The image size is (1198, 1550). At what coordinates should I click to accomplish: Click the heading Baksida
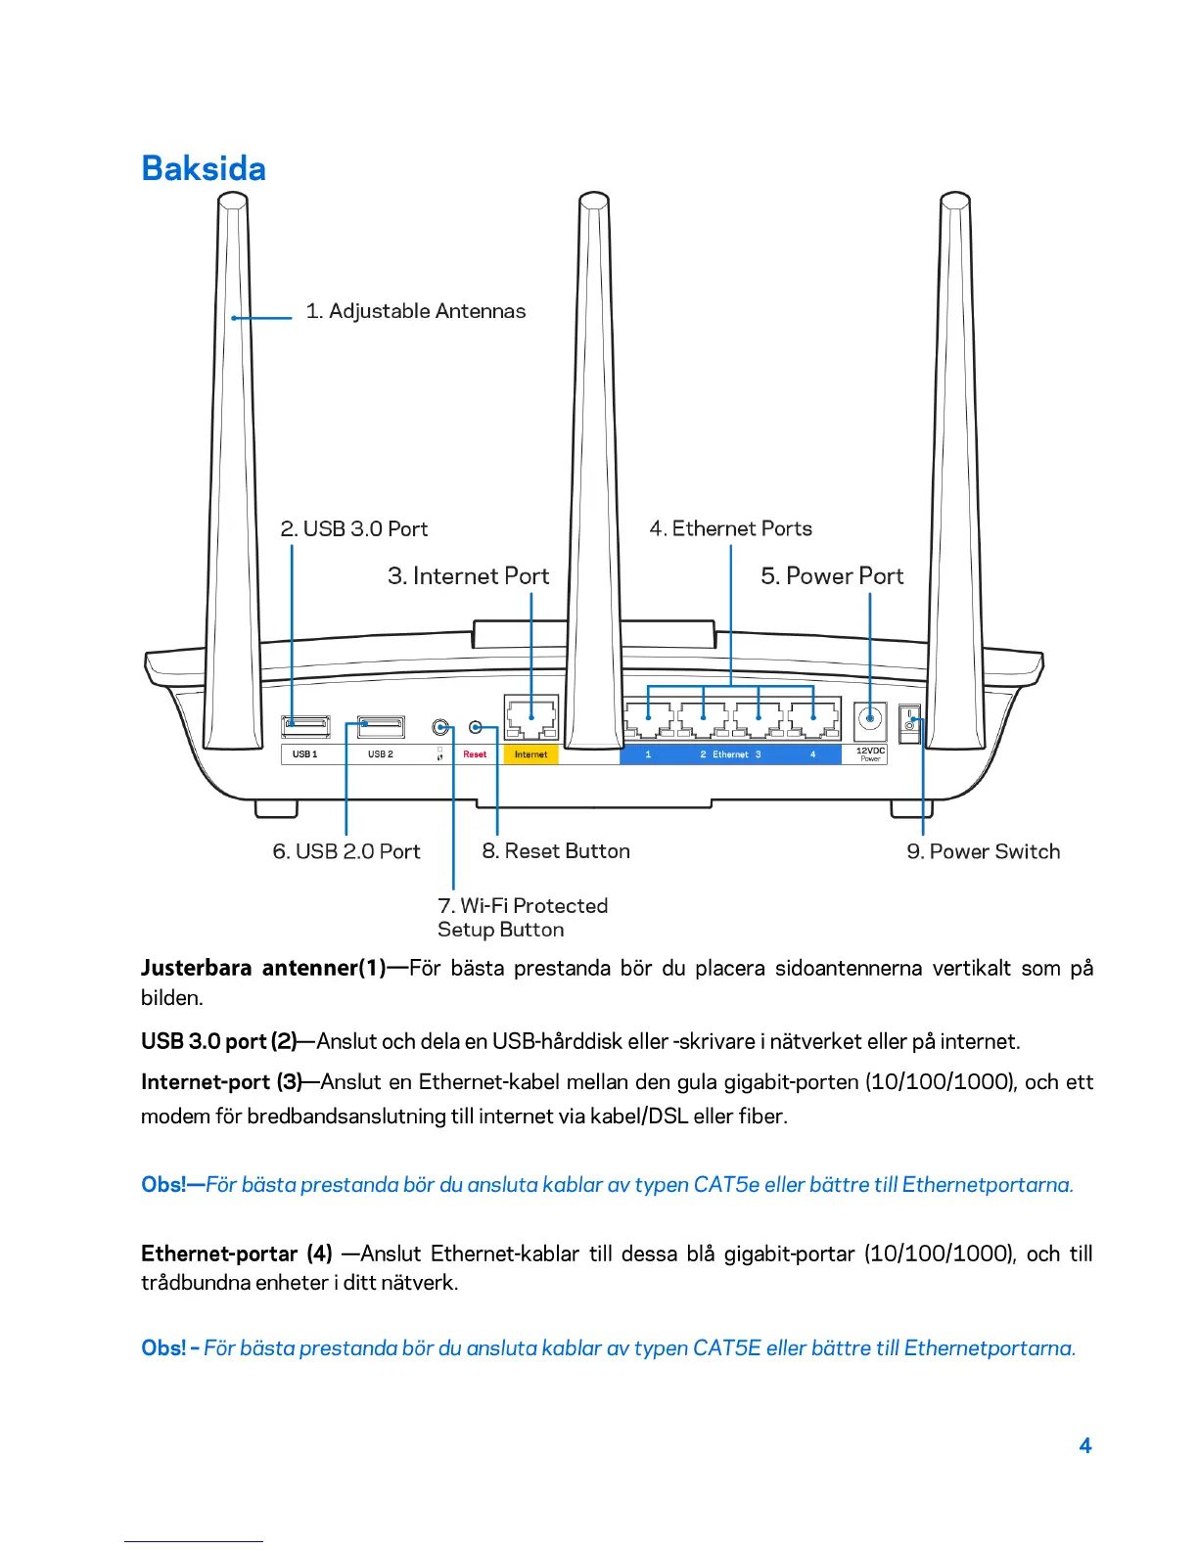[204, 168]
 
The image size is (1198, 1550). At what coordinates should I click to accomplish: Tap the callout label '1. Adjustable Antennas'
[415, 311]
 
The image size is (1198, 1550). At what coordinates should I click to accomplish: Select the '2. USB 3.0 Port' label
[353, 529]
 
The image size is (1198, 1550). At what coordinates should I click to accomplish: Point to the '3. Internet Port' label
[468, 576]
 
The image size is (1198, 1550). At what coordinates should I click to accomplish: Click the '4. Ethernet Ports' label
[730, 529]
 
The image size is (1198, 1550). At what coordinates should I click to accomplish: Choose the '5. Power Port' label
[832, 576]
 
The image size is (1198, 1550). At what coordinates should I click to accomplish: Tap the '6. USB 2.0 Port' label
[346, 852]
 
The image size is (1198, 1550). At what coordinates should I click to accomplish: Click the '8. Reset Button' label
[555, 852]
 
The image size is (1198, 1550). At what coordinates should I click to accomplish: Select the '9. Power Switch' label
[983, 852]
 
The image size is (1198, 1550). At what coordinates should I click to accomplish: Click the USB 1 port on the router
[305, 726]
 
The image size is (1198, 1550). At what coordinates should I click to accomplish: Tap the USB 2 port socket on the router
[381, 726]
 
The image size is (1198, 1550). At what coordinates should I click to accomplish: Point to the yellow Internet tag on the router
[530, 754]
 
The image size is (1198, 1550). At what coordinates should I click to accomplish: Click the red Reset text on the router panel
[475, 754]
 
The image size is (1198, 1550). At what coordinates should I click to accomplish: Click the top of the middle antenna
[593, 201]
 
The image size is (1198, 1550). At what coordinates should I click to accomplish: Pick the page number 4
[1084, 1446]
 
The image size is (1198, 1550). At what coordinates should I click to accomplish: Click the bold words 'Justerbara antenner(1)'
[263, 969]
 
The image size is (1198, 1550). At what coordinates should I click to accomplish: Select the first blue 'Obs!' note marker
[163, 1185]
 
